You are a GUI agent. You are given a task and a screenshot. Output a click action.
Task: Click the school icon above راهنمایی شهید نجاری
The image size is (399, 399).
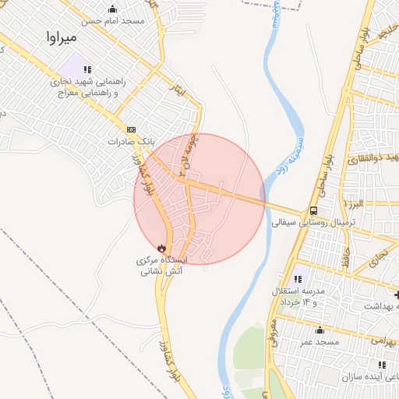pos(87,69)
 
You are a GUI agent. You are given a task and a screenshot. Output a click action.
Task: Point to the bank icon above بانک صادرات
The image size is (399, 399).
pos(131,129)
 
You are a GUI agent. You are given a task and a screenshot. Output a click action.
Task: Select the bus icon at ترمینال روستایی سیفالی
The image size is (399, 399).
pos(312,210)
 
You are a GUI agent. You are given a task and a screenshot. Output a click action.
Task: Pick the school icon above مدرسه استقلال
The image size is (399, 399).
pos(298,278)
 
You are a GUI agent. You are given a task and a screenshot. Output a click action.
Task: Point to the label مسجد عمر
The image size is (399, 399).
pos(320,343)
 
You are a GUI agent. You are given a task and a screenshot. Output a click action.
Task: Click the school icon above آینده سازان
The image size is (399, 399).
pos(380,364)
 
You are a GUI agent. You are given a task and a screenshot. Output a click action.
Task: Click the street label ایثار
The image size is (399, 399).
pos(180,90)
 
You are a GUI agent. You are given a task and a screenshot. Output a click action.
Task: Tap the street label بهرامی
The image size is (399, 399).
pos(382,341)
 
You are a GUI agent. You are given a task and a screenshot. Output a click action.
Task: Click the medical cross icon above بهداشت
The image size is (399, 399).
pos(396,295)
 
